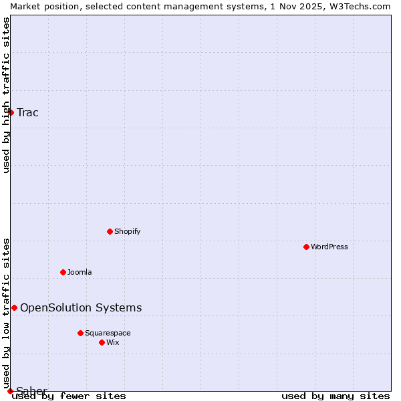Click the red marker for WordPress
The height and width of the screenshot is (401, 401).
tap(306, 247)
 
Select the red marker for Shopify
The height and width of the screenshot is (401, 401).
tap(110, 231)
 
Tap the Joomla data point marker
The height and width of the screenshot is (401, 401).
tap(63, 272)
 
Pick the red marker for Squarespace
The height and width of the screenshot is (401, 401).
tap(80, 333)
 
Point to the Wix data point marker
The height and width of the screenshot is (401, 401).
tap(102, 342)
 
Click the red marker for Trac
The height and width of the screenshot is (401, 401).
tap(11, 112)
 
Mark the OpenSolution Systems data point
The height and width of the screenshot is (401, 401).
tap(14, 307)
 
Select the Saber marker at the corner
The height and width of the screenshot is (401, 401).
tap(10, 391)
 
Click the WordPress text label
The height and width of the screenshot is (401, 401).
tap(329, 247)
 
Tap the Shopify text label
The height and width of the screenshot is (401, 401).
tap(127, 231)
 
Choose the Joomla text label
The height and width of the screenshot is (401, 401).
tap(80, 272)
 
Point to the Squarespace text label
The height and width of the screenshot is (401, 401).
tap(108, 333)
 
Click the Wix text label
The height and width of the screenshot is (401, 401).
tap(112, 342)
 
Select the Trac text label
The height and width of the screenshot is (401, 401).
tap(27, 112)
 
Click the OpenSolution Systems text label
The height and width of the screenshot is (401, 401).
tap(81, 307)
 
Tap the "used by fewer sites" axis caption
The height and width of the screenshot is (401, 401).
tap(69, 396)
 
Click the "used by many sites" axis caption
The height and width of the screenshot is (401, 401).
tap(336, 396)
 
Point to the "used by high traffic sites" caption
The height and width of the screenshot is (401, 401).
tap(6, 95)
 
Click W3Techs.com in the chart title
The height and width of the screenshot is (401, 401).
tap(359, 6)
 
